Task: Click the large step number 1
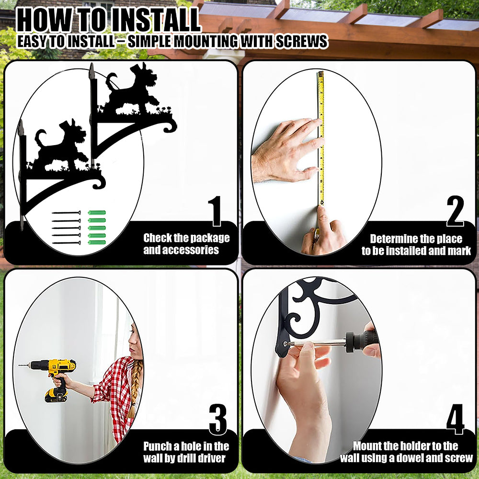click(x=216, y=211)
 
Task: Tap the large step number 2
click(x=455, y=211)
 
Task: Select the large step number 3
click(x=218, y=420)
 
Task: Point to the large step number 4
click(x=455, y=420)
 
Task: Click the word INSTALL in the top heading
click(x=156, y=21)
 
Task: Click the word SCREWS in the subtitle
click(x=302, y=42)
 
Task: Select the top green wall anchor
click(x=97, y=213)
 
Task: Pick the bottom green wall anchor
click(x=97, y=242)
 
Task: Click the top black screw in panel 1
click(x=66, y=213)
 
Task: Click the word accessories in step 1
click(x=181, y=250)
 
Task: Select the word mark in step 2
click(x=459, y=251)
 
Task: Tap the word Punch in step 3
click(x=158, y=446)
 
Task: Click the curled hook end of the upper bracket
click(x=170, y=125)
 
